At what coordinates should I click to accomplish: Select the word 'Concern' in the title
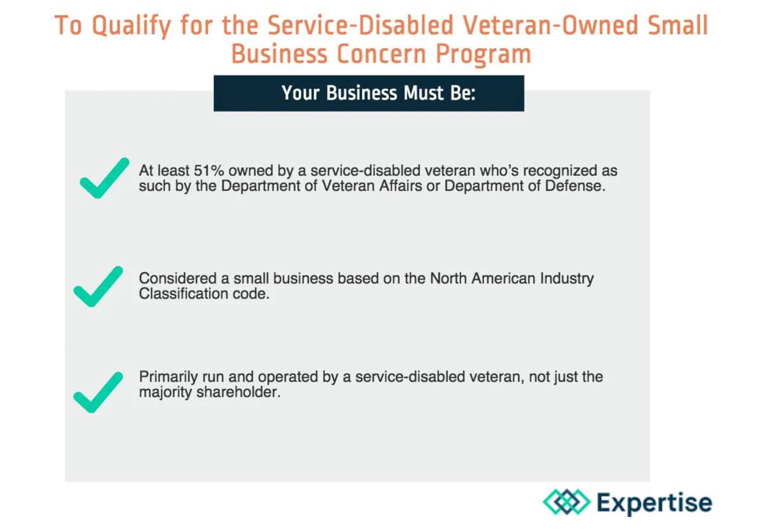coord(381,54)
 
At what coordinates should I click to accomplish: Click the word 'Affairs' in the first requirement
coord(400,186)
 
